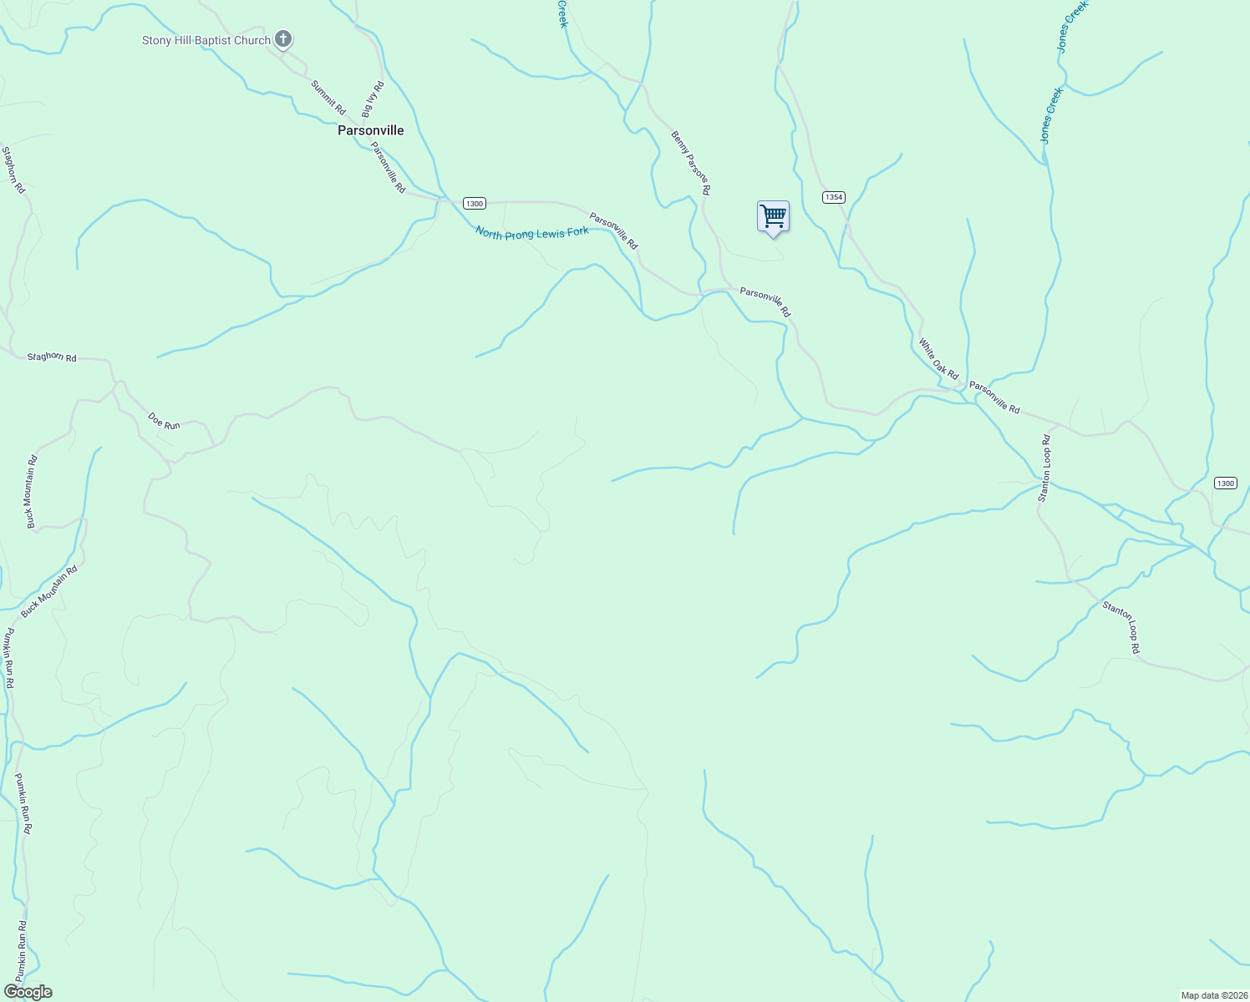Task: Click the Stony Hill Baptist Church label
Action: [x=206, y=40]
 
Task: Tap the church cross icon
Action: [x=283, y=38]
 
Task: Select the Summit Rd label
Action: [x=328, y=97]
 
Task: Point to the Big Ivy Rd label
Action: [x=373, y=99]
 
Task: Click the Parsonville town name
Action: [x=370, y=130]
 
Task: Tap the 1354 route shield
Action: [x=833, y=197]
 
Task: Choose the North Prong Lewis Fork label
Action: [x=531, y=233]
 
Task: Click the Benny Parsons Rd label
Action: [x=691, y=163]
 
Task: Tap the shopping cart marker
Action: [x=773, y=217]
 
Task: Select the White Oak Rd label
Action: [x=938, y=359]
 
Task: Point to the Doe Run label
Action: [x=164, y=420]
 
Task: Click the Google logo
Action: [x=28, y=992]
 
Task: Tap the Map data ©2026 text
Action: [x=1213, y=995]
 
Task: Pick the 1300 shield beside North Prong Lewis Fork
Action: [x=474, y=204]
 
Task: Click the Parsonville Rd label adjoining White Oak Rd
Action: [x=994, y=398]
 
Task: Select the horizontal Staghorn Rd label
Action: [x=52, y=357]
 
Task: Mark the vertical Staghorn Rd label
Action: [x=13, y=170]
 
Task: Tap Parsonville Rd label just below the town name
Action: [x=388, y=167]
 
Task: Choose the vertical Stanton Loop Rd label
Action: [x=1044, y=468]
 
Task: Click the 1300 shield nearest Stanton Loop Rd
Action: [x=1225, y=483]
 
